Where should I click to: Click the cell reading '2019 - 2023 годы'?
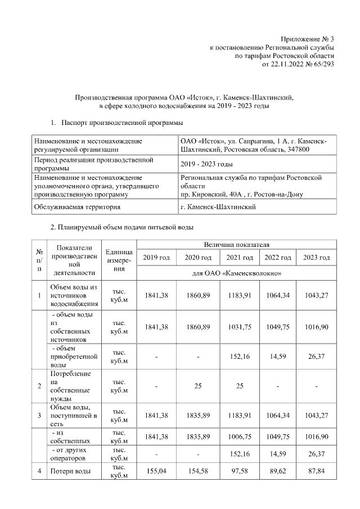point(206,164)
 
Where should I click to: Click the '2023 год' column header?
point(316,258)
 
